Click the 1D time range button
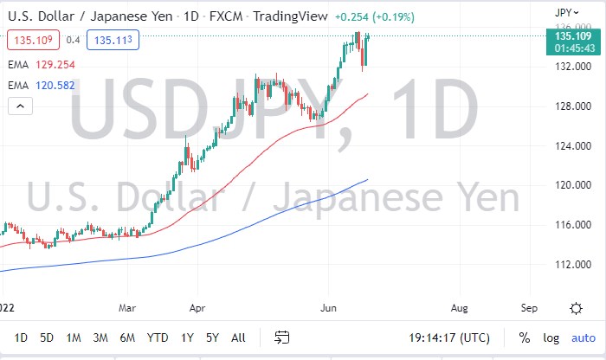pyautogui.click(x=21, y=337)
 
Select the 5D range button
pyautogui.click(x=48, y=337)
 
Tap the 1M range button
pyautogui.click(x=74, y=337)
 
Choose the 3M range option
pyautogui.click(x=100, y=337)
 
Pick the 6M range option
pyautogui.click(x=127, y=337)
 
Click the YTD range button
pyautogui.click(x=158, y=337)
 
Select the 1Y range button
pyautogui.click(x=188, y=337)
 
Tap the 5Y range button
pyautogui.click(x=213, y=337)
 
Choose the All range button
pyautogui.click(x=239, y=337)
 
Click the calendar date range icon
pyautogui.click(x=281, y=337)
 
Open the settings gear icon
pyautogui.click(x=576, y=307)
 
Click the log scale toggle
pyautogui.click(x=551, y=337)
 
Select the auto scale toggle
pyautogui.click(x=583, y=337)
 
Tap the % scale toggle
pyautogui.click(x=525, y=337)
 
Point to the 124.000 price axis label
pyautogui.click(x=573, y=145)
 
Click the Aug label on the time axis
pyautogui.click(x=460, y=307)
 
